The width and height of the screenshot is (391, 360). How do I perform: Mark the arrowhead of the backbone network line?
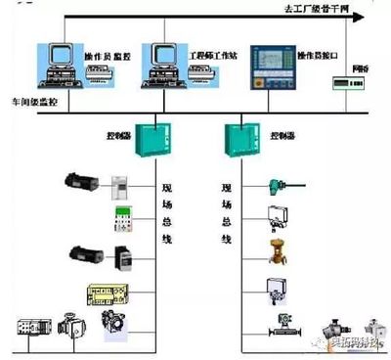coord(358,17)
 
